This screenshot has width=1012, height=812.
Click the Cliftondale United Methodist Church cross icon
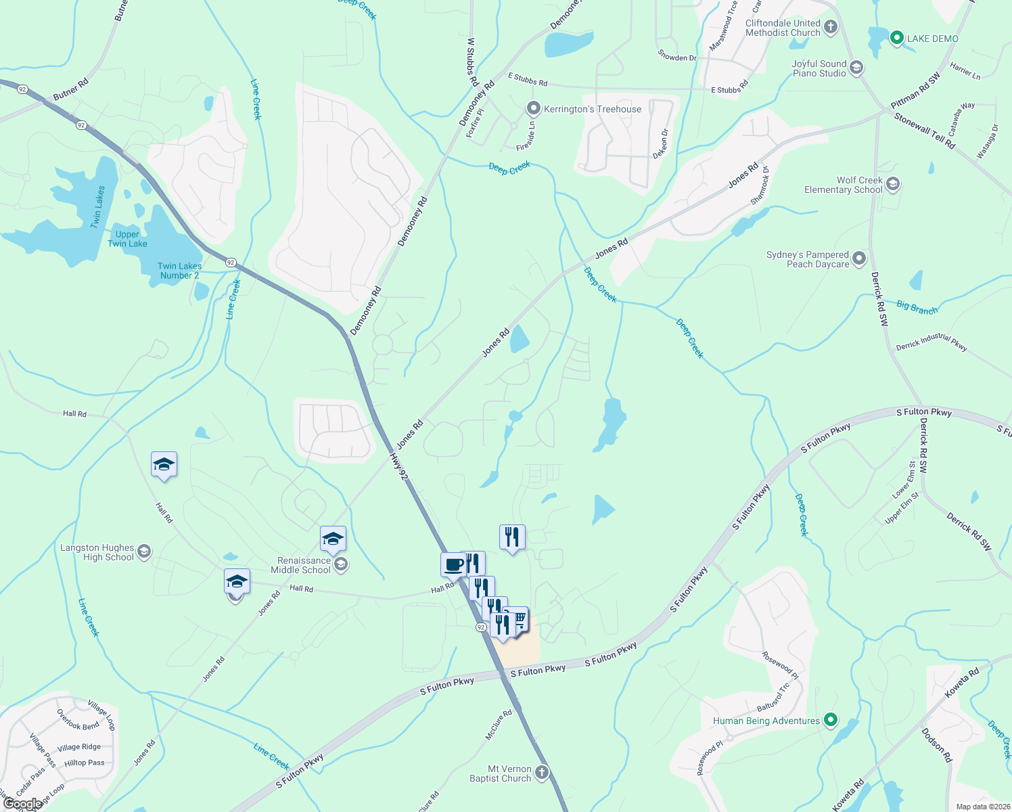831,28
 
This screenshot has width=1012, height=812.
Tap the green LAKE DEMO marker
896,39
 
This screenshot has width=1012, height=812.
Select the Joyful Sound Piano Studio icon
856,68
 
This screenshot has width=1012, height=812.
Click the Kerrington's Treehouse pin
534,108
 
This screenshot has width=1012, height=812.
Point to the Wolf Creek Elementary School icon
893,184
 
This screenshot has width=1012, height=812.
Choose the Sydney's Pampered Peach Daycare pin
859,258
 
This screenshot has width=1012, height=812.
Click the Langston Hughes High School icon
144,552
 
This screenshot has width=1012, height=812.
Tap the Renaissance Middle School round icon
341,564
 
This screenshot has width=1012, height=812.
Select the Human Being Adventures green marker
831,721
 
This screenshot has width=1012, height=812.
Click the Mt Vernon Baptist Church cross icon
541,773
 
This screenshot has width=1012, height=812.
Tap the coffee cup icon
453,564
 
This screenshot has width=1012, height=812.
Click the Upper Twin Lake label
127,239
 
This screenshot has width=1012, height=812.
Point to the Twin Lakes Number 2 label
179,271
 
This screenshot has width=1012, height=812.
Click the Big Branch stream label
917,308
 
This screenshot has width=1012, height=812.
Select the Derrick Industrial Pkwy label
931,342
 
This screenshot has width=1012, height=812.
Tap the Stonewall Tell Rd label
924,130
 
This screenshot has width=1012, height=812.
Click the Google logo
22,804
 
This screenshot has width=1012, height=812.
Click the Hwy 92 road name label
399,467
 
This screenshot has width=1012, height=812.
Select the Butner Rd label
70,90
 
